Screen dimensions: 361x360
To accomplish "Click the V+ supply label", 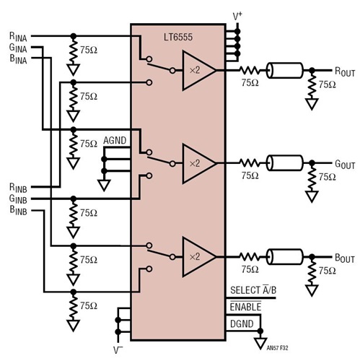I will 237,15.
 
